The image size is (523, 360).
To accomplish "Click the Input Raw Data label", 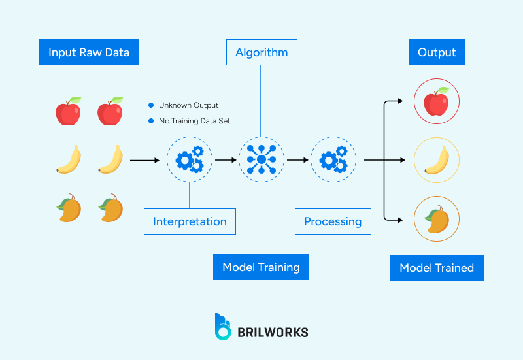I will [x=89, y=53].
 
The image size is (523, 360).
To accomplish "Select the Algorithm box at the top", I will [x=261, y=52].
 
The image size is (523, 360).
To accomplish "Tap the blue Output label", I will [x=437, y=53].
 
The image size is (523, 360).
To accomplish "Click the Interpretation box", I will [x=190, y=221].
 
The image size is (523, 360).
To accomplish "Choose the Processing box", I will [x=333, y=221].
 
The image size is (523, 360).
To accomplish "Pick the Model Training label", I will [x=261, y=267].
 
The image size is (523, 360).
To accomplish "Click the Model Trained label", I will [x=437, y=268].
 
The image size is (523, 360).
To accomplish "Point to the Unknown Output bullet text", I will [x=188, y=105].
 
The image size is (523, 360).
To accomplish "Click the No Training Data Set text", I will [x=194, y=121].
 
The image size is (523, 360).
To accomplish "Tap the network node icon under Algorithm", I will [x=261, y=159].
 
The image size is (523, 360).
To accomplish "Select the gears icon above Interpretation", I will [x=190, y=159].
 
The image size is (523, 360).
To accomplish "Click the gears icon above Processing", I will [x=333, y=159].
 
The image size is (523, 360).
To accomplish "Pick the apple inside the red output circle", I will [x=437, y=102].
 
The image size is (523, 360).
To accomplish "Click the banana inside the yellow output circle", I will [x=437, y=160].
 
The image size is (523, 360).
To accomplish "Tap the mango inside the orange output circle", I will [x=437, y=219].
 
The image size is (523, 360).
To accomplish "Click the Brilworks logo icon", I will [x=223, y=327].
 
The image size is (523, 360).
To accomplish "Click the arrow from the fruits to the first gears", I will [x=144, y=159].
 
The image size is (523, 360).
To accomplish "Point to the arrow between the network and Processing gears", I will [x=297, y=159].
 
